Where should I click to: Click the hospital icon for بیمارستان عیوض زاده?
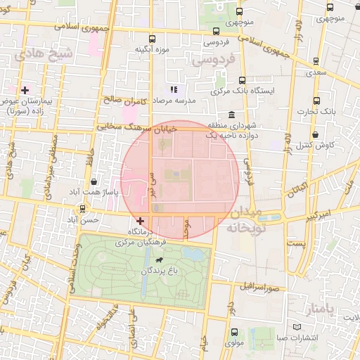point(25,90)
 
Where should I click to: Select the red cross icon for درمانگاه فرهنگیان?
point(140,221)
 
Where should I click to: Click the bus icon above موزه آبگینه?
point(152,39)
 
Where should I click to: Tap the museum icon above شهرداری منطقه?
point(231,115)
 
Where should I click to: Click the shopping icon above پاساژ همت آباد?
point(94,182)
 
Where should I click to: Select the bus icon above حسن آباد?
point(83,209)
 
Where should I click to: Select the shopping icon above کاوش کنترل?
point(316,134)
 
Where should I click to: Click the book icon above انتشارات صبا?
point(295,328)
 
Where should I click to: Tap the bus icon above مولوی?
point(234,332)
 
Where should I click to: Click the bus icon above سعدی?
point(316,60)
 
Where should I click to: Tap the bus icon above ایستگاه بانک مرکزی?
point(243,80)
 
